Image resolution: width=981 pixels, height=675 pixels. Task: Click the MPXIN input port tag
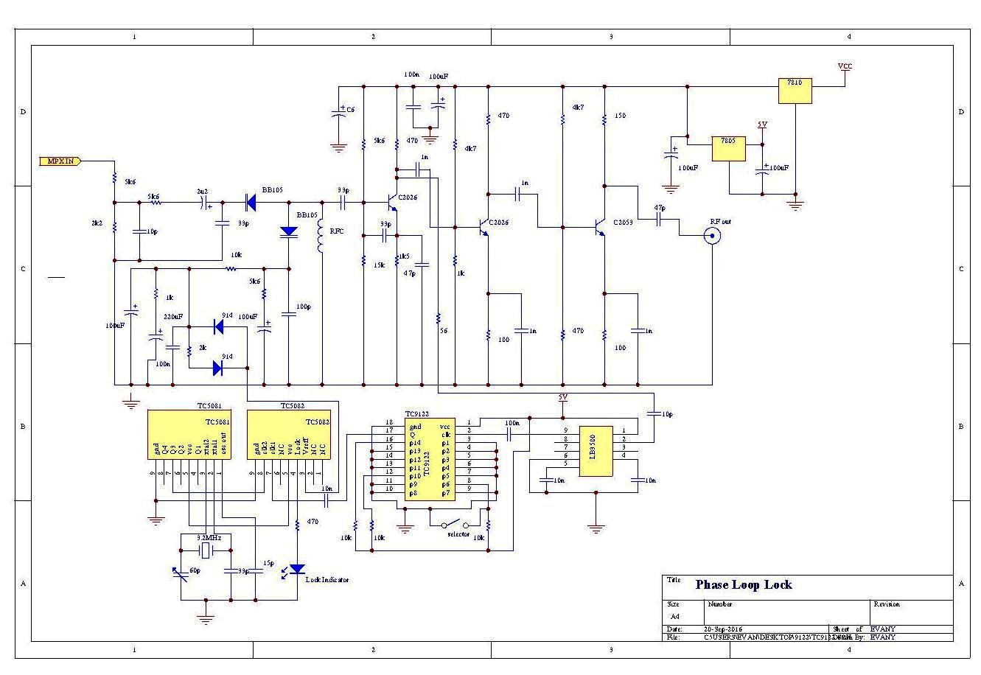coord(60,161)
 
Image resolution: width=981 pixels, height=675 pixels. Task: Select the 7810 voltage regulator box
coord(795,91)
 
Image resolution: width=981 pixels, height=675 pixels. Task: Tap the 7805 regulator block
coord(727,148)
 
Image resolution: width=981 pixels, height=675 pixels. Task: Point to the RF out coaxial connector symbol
coord(712,236)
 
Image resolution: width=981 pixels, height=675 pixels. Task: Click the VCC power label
coord(845,66)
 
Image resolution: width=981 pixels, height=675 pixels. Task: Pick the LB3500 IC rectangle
coord(596,450)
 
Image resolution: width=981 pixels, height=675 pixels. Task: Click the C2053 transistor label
coord(621,222)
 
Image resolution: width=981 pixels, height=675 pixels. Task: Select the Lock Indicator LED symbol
coord(296,569)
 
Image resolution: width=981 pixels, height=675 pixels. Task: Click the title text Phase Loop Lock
coord(744,585)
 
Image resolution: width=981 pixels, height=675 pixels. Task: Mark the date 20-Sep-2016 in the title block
coord(724,629)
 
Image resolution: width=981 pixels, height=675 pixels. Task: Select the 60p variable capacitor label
coord(195,571)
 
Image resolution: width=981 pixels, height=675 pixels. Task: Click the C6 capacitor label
coord(351,110)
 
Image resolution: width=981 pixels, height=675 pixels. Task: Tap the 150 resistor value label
coord(620,116)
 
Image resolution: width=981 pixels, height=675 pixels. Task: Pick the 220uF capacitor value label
coord(173,316)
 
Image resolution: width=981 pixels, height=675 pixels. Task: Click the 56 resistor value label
coord(444,331)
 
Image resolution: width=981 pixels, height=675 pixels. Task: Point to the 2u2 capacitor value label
coord(202,191)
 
